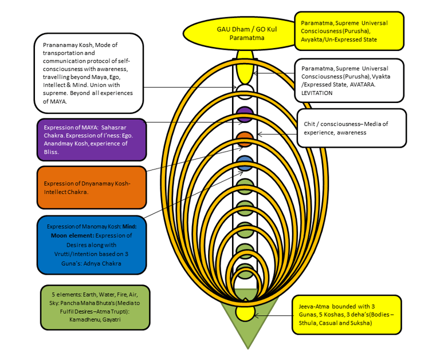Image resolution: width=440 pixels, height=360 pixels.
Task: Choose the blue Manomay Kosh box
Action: click(91, 245)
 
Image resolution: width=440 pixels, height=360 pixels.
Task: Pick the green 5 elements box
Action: click(96, 307)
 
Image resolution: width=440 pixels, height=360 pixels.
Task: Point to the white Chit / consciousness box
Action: click(352, 128)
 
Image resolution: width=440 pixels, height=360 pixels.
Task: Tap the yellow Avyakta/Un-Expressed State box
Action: click(349, 31)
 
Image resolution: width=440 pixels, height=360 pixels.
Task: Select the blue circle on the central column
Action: click(245, 162)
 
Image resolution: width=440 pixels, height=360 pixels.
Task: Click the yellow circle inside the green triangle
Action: click(245, 312)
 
